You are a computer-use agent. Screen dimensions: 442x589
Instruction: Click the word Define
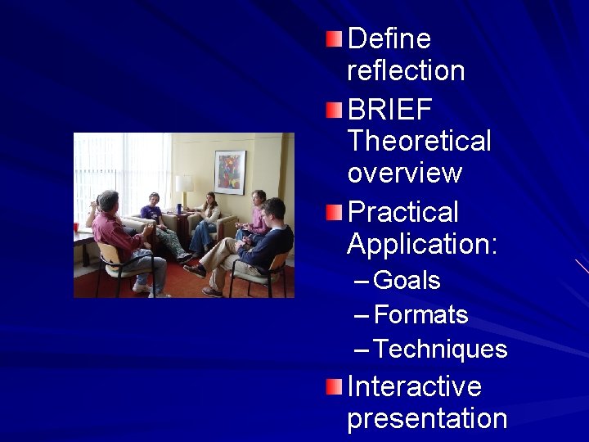(389, 38)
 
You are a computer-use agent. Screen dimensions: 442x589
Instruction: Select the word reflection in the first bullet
(406, 71)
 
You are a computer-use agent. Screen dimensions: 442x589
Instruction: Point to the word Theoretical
(419, 141)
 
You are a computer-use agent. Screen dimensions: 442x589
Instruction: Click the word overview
(404, 174)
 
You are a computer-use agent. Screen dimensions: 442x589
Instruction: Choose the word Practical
(402, 211)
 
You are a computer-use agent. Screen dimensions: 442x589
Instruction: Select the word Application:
(421, 244)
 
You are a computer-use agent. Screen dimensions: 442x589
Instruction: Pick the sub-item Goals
(407, 281)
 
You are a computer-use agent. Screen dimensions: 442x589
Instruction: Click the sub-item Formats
(420, 315)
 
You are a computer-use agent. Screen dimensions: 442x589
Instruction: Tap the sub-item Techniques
(440, 350)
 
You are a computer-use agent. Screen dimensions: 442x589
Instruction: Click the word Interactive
(414, 386)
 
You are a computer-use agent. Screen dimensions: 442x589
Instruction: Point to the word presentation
(427, 418)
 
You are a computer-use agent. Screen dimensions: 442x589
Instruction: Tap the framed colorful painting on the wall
(230, 172)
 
